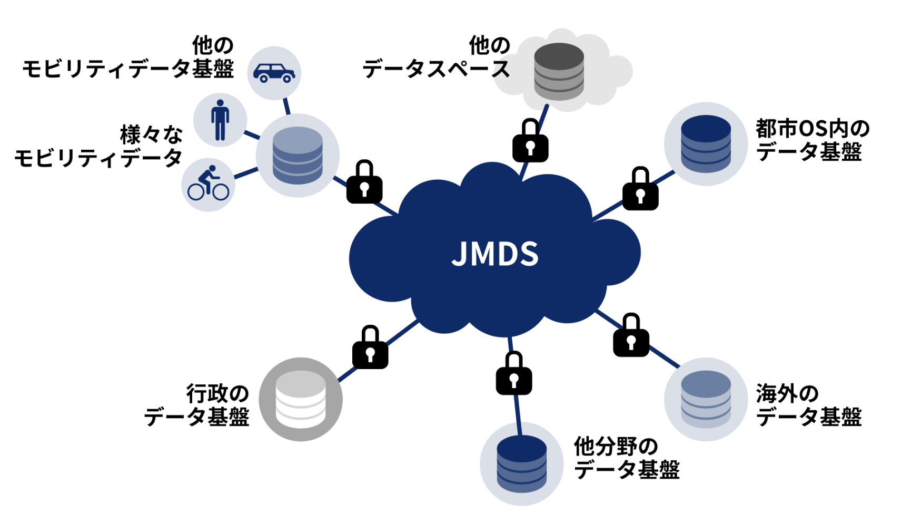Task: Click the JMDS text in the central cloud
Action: coord(495,254)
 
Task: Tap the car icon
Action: coord(274,73)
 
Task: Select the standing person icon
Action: coord(220,120)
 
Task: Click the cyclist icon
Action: coord(209,184)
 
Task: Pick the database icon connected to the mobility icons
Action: coord(298,156)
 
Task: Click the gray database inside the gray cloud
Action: coord(559,71)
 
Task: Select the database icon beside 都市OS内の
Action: coord(706,143)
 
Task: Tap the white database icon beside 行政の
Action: coord(301,399)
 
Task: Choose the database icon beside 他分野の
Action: coord(522,463)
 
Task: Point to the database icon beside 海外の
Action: coord(706,399)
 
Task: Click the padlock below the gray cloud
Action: coord(530,141)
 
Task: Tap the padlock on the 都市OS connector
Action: coord(640,189)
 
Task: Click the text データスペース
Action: coord(437,69)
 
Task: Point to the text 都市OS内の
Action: coord(812,128)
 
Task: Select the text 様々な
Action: coord(151,135)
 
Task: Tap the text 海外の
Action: coord(787,393)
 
